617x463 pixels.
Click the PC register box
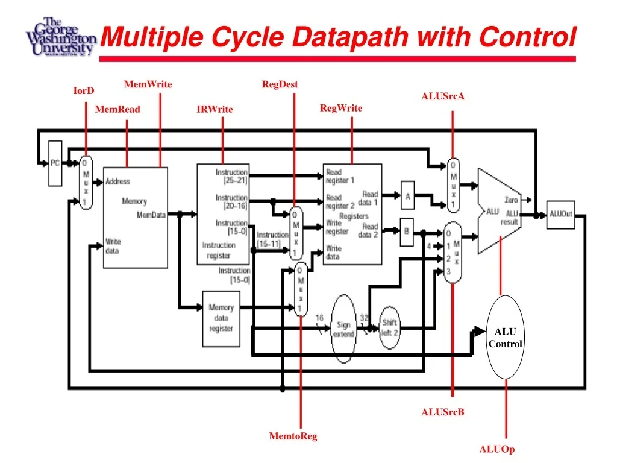point(55,163)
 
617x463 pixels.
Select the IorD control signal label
point(84,91)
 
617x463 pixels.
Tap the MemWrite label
point(148,84)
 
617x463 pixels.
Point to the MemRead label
point(117,109)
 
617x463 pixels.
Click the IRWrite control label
point(215,109)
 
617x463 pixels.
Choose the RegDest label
point(280,84)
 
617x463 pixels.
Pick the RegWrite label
point(341,108)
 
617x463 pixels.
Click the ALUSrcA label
point(443,96)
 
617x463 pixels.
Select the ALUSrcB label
point(443,412)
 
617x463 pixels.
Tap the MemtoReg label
point(293,436)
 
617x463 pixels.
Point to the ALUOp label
point(497,449)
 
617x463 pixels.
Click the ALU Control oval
point(505,338)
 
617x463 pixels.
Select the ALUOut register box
point(560,215)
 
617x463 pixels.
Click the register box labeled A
point(408,197)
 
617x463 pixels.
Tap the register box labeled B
point(407,231)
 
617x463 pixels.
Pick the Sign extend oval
point(343,329)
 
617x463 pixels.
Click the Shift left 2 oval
point(390,327)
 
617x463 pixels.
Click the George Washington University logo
point(60,37)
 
